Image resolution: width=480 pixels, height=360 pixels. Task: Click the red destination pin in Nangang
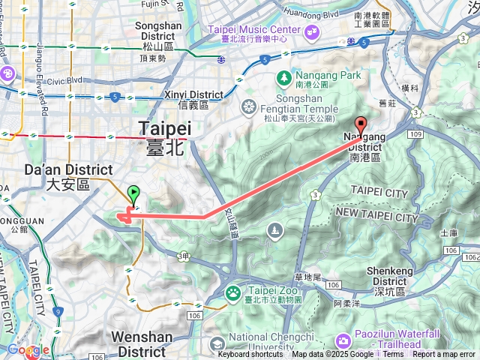(x=361, y=125)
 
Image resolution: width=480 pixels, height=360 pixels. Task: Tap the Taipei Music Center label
(x=253, y=30)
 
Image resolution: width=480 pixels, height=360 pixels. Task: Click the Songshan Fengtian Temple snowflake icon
(x=247, y=109)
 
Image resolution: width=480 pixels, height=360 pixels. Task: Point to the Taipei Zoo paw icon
(x=233, y=291)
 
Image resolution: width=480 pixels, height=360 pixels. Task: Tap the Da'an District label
(x=68, y=171)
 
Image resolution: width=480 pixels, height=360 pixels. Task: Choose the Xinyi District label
(x=193, y=95)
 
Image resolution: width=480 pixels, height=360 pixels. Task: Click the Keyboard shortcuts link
(x=250, y=355)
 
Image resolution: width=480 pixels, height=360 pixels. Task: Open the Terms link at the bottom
(x=393, y=355)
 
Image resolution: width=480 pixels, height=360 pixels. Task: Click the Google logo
(x=28, y=349)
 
